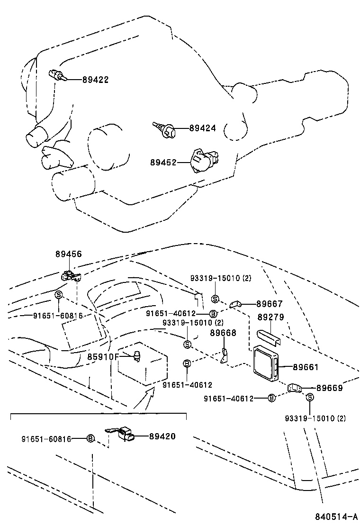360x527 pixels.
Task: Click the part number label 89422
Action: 95,80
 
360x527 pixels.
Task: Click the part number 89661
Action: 306,367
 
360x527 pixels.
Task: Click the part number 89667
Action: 270,304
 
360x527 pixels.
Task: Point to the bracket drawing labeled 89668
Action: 225,357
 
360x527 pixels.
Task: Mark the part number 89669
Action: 329,388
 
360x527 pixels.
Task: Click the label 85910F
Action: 102,356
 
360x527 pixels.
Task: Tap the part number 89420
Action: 162,436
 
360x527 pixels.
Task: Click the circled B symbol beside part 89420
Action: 90,439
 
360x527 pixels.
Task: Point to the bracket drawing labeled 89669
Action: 295,389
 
